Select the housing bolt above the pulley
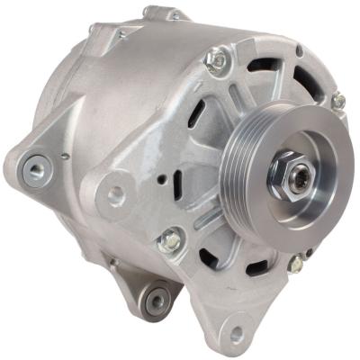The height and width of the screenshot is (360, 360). pos(216,61)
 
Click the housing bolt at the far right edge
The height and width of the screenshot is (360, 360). pos(338,101)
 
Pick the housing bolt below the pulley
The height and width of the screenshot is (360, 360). pos(295,263)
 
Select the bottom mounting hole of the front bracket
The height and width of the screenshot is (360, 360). pos(237,334)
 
